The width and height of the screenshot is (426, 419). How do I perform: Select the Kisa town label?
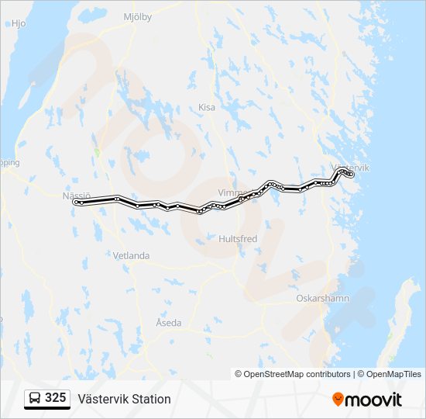click(x=207, y=107)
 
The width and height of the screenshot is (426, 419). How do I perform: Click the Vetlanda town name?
click(x=131, y=255)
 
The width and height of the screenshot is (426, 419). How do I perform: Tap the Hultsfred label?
click(x=238, y=239)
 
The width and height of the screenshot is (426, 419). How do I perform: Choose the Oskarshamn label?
click(x=323, y=298)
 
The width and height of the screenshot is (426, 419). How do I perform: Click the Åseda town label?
click(x=168, y=322)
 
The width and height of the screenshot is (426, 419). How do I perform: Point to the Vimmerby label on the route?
click(x=233, y=192)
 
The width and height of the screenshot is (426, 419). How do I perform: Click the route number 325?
click(x=56, y=398)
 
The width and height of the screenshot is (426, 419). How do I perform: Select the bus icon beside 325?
click(x=36, y=398)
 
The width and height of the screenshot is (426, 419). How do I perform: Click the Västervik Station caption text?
click(x=124, y=399)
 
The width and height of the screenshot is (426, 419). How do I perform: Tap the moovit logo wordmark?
click(x=374, y=399)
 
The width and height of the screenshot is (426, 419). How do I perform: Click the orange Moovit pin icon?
click(x=338, y=399)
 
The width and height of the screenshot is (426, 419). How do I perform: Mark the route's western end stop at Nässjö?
click(x=76, y=202)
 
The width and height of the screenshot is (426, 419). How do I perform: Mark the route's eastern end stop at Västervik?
click(x=351, y=175)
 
